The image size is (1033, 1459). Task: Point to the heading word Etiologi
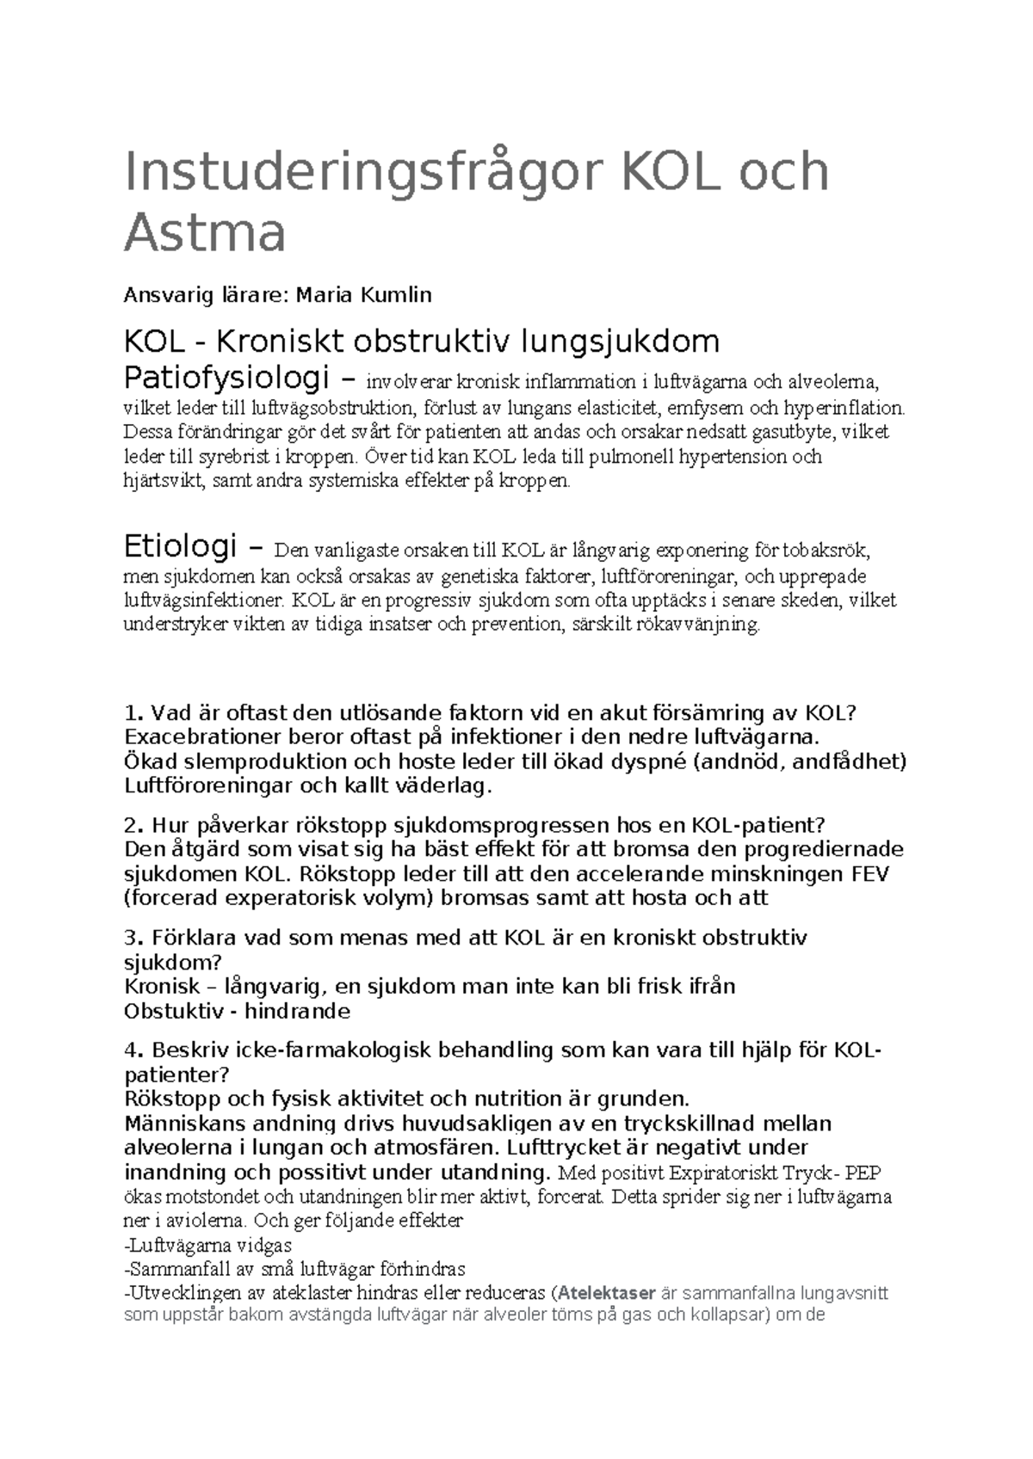click(x=181, y=546)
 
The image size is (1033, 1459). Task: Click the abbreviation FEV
click(x=869, y=874)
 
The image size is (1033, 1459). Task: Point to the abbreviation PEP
click(x=863, y=1173)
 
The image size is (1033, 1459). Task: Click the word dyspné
click(x=653, y=761)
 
